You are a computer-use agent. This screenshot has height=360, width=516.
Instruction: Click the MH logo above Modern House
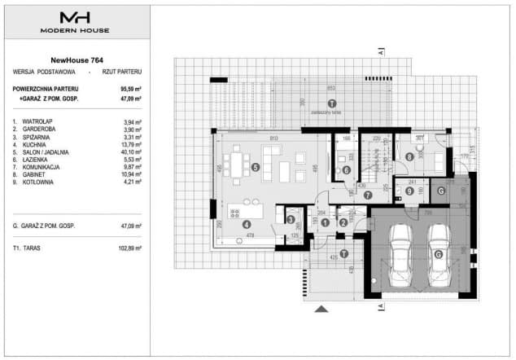click(75, 17)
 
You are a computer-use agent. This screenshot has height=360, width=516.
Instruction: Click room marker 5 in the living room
click(256, 168)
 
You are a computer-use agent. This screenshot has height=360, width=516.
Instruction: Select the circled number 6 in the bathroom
click(345, 169)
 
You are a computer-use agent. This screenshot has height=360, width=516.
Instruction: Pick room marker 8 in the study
click(409, 156)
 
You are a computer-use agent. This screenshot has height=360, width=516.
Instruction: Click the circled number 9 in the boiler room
click(407, 192)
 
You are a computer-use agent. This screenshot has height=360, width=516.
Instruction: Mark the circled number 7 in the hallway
click(367, 195)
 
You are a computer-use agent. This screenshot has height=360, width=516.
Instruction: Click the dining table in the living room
click(238, 165)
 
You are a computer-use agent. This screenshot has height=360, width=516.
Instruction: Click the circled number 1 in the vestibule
click(324, 222)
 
